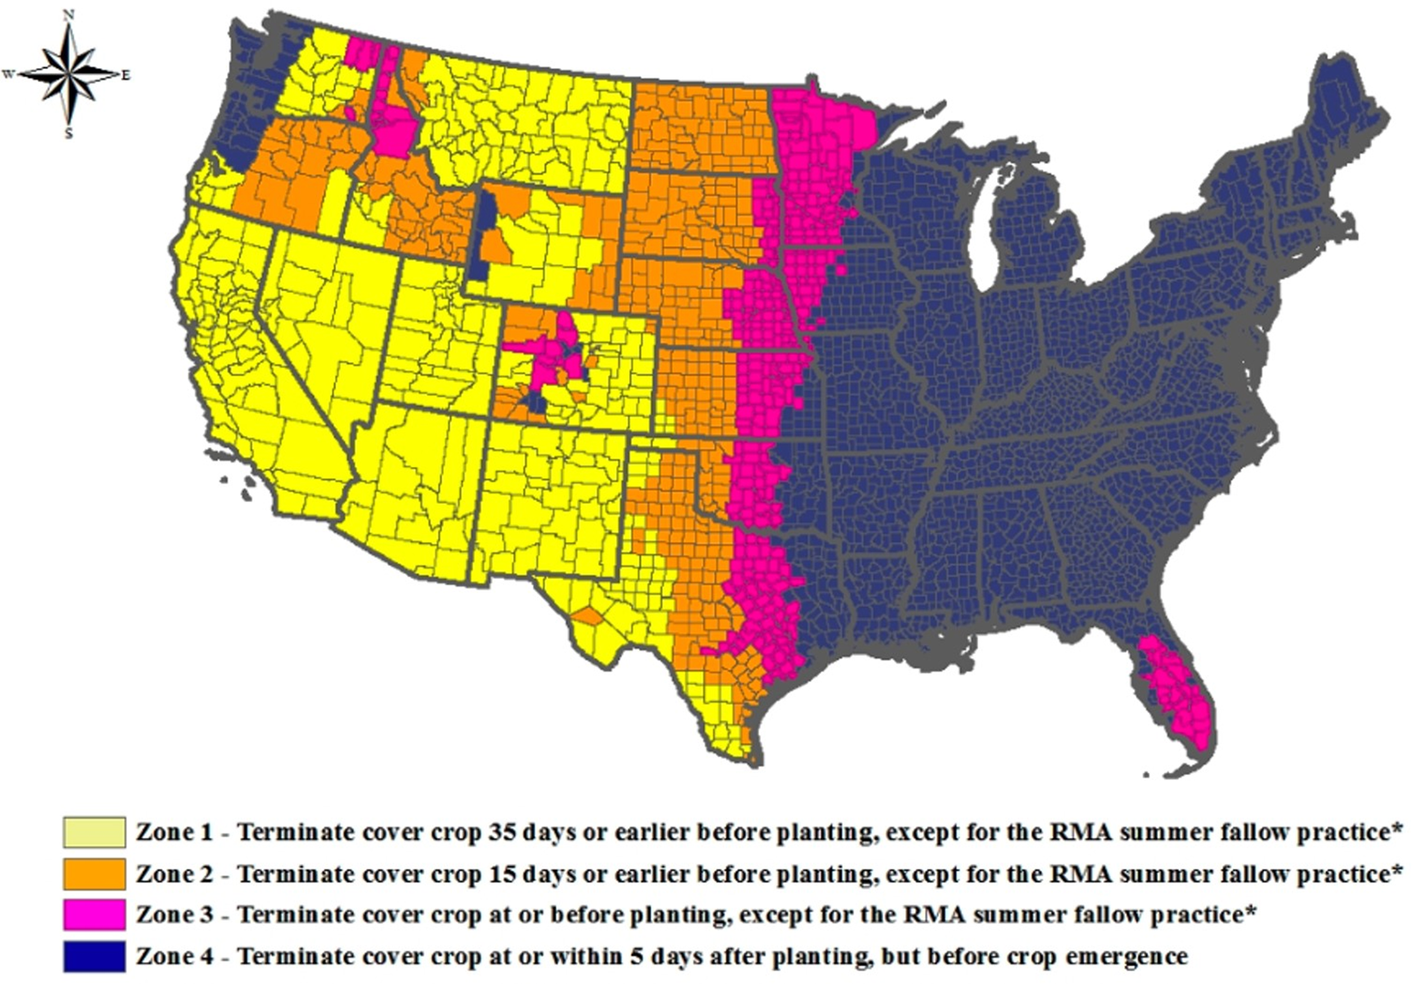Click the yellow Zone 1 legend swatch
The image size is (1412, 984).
94,832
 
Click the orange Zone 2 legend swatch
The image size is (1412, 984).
94,874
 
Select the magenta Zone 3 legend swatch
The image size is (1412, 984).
94,914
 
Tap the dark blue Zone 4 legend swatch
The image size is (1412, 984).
94,956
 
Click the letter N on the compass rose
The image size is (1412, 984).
69,15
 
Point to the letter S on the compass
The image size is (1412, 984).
69,134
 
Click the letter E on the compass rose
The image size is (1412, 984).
126,75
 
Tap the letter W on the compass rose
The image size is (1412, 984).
9,75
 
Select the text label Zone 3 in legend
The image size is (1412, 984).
174,914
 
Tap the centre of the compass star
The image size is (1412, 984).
69,75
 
